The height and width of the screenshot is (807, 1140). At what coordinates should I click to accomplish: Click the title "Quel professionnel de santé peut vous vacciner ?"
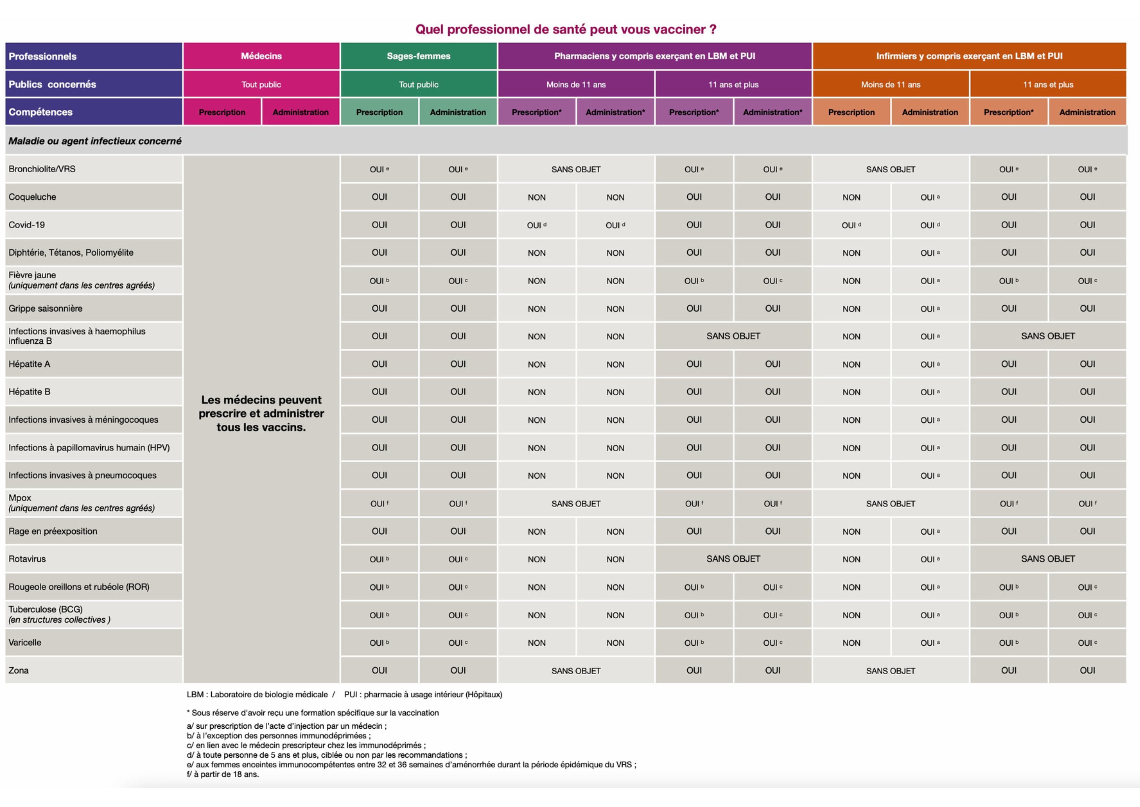[x=565, y=29]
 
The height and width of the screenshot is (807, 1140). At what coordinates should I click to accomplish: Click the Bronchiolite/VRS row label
[x=42, y=169]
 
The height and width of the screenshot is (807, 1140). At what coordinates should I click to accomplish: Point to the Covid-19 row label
[x=27, y=225]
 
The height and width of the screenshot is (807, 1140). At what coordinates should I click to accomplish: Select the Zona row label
[x=19, y=670]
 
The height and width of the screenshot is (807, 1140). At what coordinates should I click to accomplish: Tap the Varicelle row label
[x=25, y=642]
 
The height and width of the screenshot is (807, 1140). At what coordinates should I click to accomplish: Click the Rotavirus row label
[x=27, y=559]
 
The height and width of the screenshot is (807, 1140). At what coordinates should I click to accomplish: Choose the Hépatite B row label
[x=29, y=391]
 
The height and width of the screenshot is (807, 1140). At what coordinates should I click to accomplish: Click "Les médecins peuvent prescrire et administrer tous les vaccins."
[x=261, y=414]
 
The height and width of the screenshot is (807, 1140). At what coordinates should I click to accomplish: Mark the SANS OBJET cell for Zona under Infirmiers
[x=891, y=671]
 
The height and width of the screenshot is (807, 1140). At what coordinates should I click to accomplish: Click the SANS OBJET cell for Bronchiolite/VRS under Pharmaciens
[x=576, y=169]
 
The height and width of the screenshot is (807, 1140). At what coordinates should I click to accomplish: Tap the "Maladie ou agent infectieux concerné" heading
[x=95, y=141]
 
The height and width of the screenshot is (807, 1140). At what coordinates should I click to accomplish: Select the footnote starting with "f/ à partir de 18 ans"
[x=223, y=774]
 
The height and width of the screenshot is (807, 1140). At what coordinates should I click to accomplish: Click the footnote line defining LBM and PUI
[x=344, y=695]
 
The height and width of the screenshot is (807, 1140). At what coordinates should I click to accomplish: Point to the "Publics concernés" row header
[x=52, y=85]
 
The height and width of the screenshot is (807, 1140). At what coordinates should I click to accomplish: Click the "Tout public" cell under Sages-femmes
[x=419, y=85]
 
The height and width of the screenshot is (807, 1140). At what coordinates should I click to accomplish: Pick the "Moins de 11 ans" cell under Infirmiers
[x=891, y=85]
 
